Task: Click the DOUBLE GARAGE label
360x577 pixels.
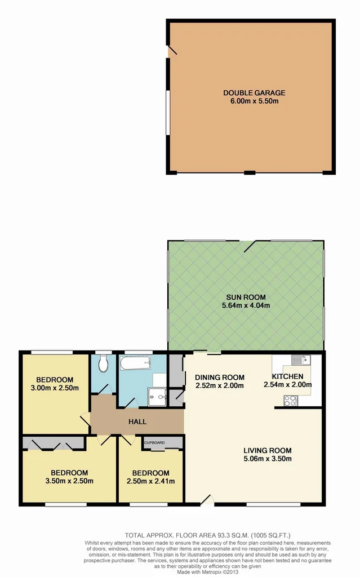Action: click(254, 93)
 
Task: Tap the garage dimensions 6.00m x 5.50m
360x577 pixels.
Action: click(254, 101)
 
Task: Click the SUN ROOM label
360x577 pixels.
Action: click(246, 298)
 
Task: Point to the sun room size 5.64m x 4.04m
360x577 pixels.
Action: click(246, 306)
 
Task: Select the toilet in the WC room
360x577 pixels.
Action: click(103, 365)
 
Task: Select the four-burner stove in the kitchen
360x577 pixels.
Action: click(291, 401)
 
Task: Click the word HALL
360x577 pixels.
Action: click(137, 421)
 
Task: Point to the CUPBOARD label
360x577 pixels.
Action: click(154, 443)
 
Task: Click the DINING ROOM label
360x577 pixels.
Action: click(219, 378)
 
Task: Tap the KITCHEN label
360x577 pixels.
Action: click(287, 377)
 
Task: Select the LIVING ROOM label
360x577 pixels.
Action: click(267, 450)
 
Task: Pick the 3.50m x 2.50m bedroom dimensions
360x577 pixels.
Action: click(69, 481)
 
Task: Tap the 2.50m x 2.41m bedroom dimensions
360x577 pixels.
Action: click(150, 481)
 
